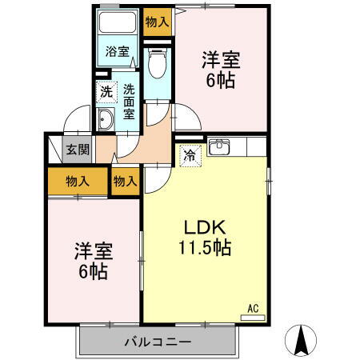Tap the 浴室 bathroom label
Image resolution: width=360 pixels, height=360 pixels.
point(118,52)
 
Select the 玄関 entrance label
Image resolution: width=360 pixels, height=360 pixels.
point(78,148)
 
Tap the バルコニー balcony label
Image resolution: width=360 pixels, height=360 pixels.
point(157,342)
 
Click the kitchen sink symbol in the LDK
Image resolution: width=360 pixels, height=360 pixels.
point(218,146)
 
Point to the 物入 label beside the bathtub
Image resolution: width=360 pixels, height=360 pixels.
point(157,22)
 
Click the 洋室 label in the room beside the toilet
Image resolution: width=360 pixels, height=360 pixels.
point(220,59)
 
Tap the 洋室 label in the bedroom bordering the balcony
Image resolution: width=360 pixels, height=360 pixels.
point(94,250)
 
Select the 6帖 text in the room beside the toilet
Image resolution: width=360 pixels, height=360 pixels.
point(220,80)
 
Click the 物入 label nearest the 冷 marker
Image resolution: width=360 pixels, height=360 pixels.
point(126,181)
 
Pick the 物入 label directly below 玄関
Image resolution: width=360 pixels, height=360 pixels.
point(78,181)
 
